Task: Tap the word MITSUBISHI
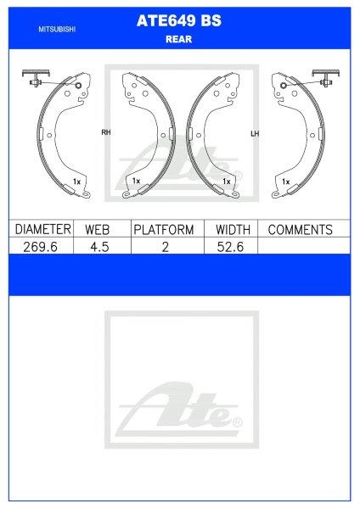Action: point(56,29)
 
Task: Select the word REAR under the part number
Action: point(178,39)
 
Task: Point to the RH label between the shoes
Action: point(106,133)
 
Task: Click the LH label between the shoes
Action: point(254,133)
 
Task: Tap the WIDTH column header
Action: point(232,230)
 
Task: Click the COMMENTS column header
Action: point(300,230)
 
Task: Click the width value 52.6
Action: point(232,246)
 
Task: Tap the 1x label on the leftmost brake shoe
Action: point(76,182)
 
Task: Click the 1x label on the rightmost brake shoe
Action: point(285,182)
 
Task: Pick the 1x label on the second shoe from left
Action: point(135,182)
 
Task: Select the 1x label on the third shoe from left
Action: point(226,182)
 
